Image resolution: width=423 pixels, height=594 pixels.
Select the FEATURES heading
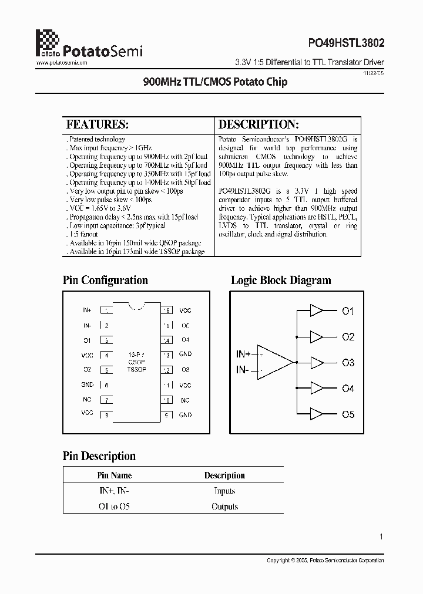coord(97,124)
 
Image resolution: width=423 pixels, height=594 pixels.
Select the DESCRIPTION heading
coord(258,124)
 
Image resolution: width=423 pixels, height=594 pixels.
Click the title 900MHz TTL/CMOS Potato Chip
coord(216,82)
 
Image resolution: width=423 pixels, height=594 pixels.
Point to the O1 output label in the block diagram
coord(348,311)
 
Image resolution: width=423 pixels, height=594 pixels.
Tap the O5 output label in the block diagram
coord(348,414)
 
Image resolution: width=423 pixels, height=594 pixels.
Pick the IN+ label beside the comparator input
coord(243,354)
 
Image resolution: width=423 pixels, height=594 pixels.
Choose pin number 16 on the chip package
coord(167,310)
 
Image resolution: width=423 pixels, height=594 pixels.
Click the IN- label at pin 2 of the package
coord(87,325)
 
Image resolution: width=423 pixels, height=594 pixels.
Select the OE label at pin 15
coord(185,325)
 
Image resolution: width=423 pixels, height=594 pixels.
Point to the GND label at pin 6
coord(87,385)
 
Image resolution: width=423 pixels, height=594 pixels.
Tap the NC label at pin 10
coord(185,400)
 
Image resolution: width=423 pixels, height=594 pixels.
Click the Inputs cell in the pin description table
coord(224,491)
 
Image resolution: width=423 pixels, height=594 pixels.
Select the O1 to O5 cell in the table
coord(114,507)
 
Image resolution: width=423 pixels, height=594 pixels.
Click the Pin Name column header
coord(114,475)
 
